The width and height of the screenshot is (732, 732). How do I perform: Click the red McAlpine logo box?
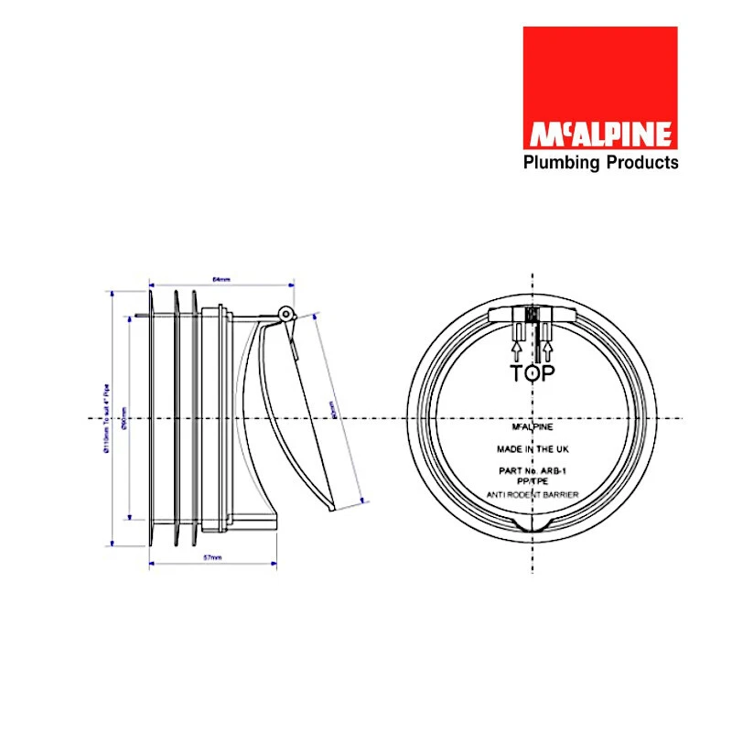tap(599, 87)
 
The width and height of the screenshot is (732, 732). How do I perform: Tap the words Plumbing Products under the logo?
tap(599, 163)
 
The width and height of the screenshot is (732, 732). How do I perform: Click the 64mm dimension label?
tap(220, 277)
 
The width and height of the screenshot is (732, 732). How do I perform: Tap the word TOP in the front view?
tap(533, 373)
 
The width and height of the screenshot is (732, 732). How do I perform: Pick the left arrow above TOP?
tap(516, 349)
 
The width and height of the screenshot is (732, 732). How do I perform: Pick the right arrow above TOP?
tap(547, 349)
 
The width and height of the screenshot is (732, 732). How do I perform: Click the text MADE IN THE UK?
tap(532, 449)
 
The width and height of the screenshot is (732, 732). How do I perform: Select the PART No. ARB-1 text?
tap(532, 470)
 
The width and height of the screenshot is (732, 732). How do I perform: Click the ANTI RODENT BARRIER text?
tap(532, 495)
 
